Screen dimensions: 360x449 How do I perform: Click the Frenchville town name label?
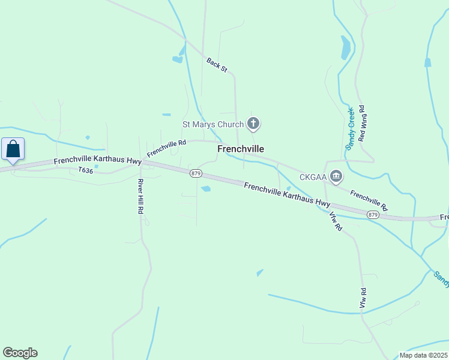[240, 149]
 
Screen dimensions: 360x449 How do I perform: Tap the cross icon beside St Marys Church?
[254, 124]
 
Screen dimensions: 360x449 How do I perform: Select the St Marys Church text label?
[213, 125]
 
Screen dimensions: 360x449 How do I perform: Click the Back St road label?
[217, 65]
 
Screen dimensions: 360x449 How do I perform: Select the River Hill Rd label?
[140, 196]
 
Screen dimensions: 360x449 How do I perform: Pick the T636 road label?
[86, 170]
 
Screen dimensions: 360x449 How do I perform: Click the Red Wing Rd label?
[362, 124]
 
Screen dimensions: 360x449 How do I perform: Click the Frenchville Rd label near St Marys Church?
[166, 148]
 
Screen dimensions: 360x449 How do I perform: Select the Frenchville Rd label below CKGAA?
[369, 200]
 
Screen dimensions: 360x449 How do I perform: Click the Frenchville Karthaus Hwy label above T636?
[97, 161]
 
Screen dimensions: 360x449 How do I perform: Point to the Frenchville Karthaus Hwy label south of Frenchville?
[287, 195]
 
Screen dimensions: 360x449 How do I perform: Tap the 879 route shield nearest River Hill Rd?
[196, 173]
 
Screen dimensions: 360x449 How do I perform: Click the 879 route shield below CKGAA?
[373, 215]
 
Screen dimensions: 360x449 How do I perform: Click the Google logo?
[20, 353]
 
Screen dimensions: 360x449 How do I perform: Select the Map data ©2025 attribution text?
[424, 355]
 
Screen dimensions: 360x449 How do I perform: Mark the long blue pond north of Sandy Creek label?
[345, 48]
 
